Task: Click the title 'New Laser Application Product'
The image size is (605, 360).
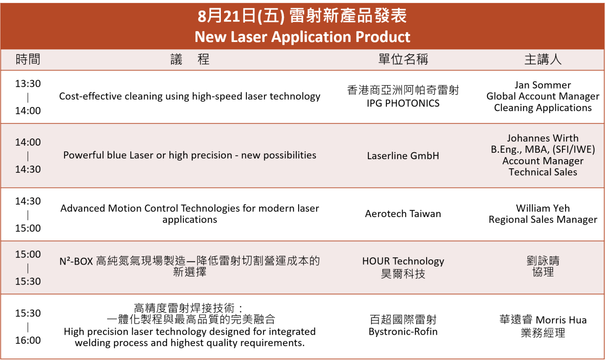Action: pyautogui.click(x=302, y=37)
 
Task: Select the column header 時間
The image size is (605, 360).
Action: pyautogui.click(x=28, y=59)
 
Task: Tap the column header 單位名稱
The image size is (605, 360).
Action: pyautogui.click(x=403, y=59)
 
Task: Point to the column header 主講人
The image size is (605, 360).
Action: pyautogui.click(x=543, y=59)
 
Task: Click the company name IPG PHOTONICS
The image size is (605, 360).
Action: pyautogui.click(x=403, y=103)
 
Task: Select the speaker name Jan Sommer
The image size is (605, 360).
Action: pyautogui.click(x=543, y=85)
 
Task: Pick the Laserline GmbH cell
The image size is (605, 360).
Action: pyautogui.click(x=403, y=155)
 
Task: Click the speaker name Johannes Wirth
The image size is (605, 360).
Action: pyautogui.click(x=543, y=138)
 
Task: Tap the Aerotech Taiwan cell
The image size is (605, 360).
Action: pyautogui.click(x=403, y=214)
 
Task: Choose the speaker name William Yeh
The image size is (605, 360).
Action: pyautogui.click(x=543, y=208)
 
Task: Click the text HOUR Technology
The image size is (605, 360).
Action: pyautogui.click(x=403, y=261)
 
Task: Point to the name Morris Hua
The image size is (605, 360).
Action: pyautogui.click(x=561, y=320)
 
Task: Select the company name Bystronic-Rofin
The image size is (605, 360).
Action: pyautogui.click(x=403, y=332)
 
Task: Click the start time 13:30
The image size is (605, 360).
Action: pyautogui.click(x=28, y=84)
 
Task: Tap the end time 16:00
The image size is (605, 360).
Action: pyautogui.click(x=28, y=340)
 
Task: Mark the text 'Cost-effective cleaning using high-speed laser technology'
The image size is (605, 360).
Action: pyautogui.click(x=189, y=96)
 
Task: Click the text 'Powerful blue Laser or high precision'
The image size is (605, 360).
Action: pyautogui.click(x=148, y=155)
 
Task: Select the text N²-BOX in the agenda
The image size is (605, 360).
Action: pyautogui.click(x=76, y=261)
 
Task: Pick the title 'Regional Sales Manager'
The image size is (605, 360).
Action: pyautogui.click(x=543, y=220)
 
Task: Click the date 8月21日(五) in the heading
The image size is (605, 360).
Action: pyautogui.click(x=241, y=16)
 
